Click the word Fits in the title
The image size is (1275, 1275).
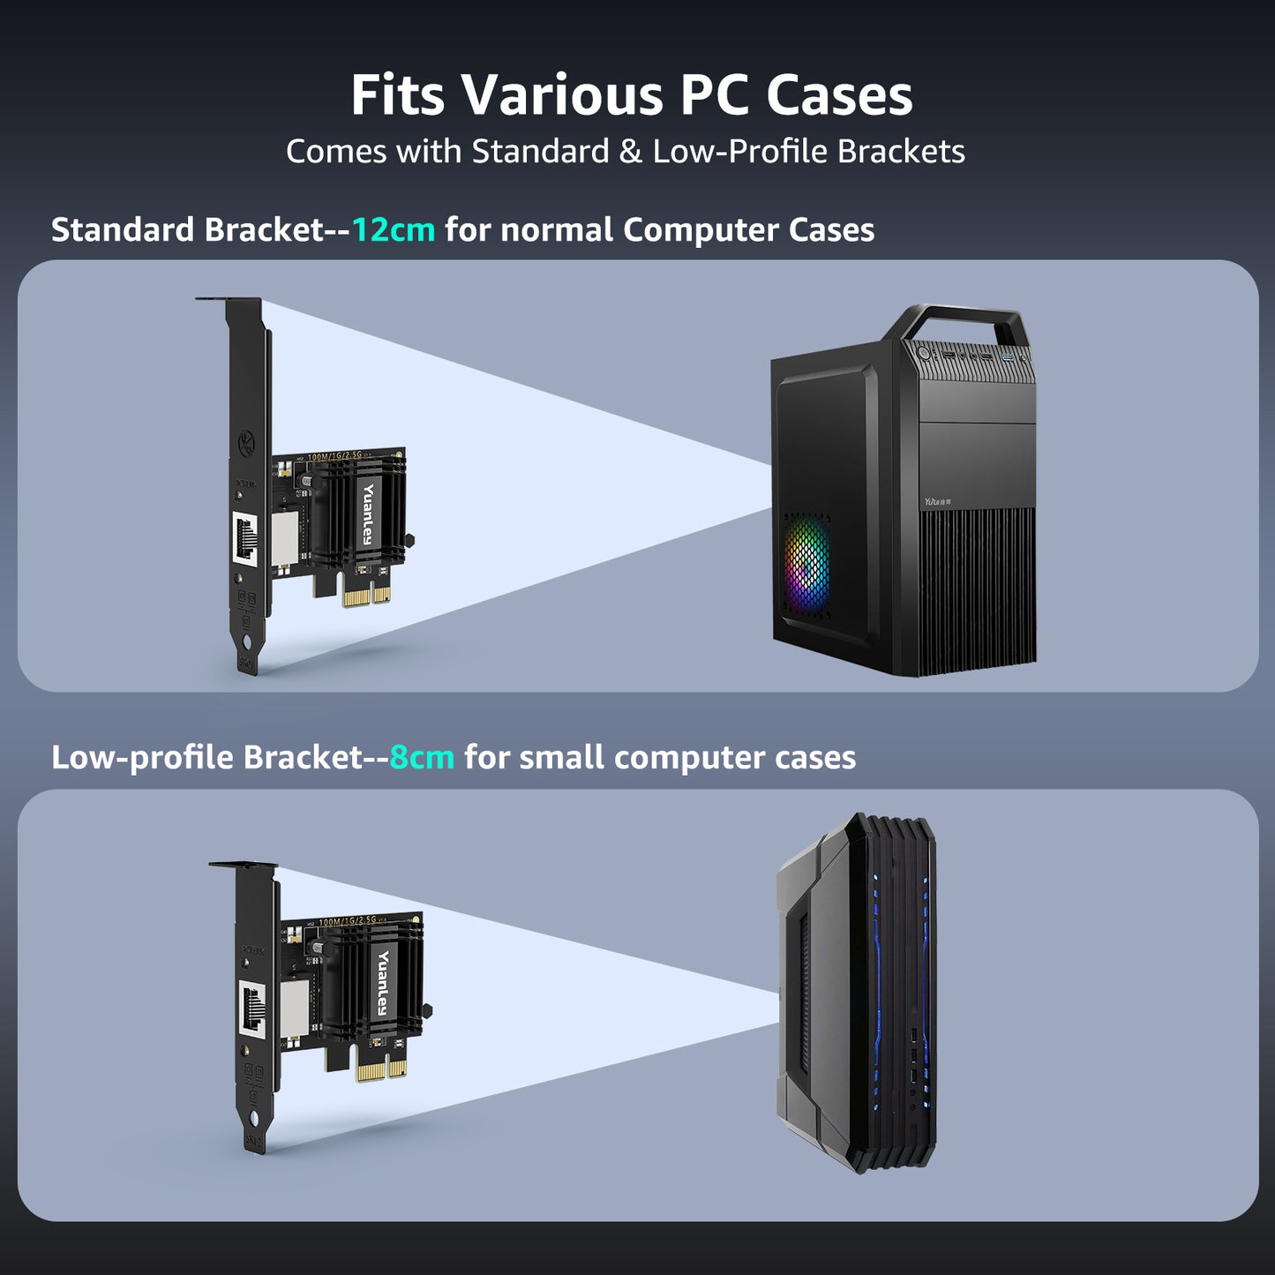pyautogui.click(x=397, y=94)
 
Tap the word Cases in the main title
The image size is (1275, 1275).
pyautogui.click(x=838, y=94)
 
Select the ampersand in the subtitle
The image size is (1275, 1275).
pyautogui.click(x=630, y=152)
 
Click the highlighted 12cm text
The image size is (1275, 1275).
pyautogui.click(x=394, y=230)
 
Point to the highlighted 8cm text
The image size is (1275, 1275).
pyautogui.click(x=422, y=758)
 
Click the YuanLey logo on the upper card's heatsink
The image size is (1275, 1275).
pyautogui.click(x=368, y=515)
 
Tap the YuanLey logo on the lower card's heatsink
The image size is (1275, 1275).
pyautogui.click(x=384, y=982)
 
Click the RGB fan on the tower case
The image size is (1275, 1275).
pyautogui.click(x=806, y=560)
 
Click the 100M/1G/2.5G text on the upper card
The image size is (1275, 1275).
pyautogui.click(x=335, y=458)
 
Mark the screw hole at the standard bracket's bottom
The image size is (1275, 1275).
pyautogui.click(x=248, y=642)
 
